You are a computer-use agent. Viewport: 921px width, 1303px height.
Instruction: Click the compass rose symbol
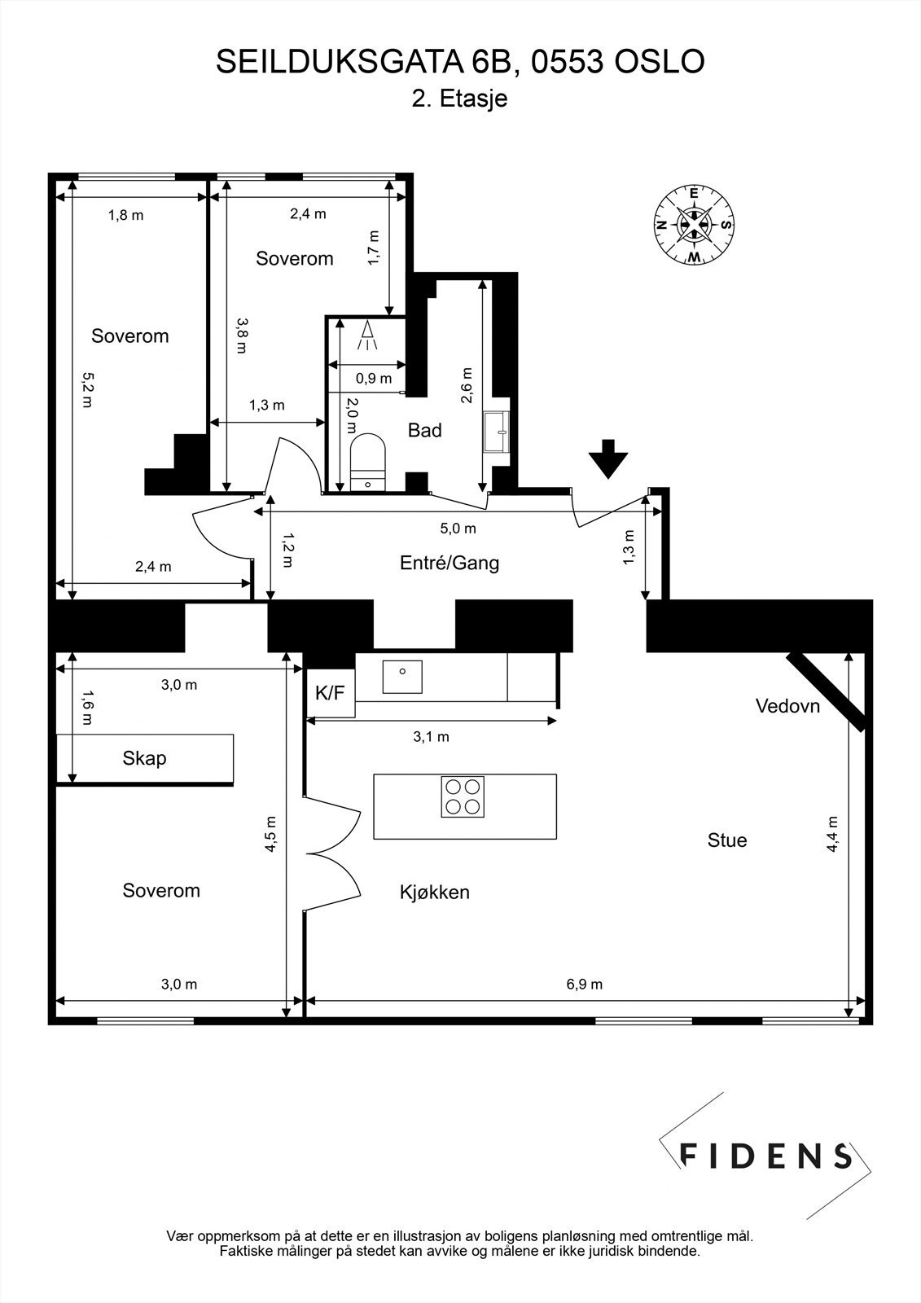point(694,225)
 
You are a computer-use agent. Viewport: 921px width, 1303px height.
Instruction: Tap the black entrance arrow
point(608,458)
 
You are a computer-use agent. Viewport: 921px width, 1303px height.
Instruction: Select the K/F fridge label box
point(331,693)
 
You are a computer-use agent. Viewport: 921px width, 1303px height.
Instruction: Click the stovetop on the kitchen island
point(463,797)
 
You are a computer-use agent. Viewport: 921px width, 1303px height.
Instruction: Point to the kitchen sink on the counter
point(402,677)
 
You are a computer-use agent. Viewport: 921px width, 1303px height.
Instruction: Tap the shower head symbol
point(367,336)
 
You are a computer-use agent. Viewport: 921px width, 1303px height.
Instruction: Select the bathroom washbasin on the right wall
point(496,432)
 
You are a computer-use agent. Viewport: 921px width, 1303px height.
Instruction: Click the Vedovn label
point(787,706)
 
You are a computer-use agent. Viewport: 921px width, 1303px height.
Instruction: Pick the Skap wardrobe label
point(144,758)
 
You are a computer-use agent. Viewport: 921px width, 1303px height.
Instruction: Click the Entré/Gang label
point(450,563)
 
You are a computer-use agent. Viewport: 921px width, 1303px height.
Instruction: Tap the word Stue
point(727,840)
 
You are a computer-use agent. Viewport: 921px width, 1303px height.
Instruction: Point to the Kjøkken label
point(435,893)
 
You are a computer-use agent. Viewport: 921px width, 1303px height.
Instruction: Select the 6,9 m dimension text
point(584,985)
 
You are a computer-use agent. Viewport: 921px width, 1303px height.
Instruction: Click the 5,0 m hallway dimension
point(458,529)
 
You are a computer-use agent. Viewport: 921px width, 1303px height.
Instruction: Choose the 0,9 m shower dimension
point(374,379)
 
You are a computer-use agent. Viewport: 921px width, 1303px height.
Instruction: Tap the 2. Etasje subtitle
point(459,99)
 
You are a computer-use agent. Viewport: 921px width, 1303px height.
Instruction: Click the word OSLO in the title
point(660,62)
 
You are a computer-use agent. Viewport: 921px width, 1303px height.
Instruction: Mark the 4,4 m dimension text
point(832,834)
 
